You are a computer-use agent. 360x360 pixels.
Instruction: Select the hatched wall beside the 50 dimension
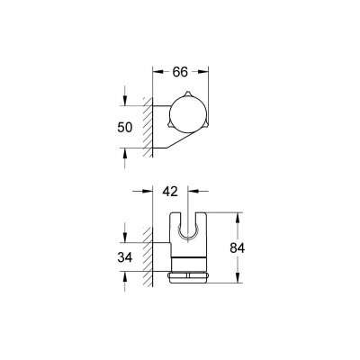(x=147, y=126)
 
